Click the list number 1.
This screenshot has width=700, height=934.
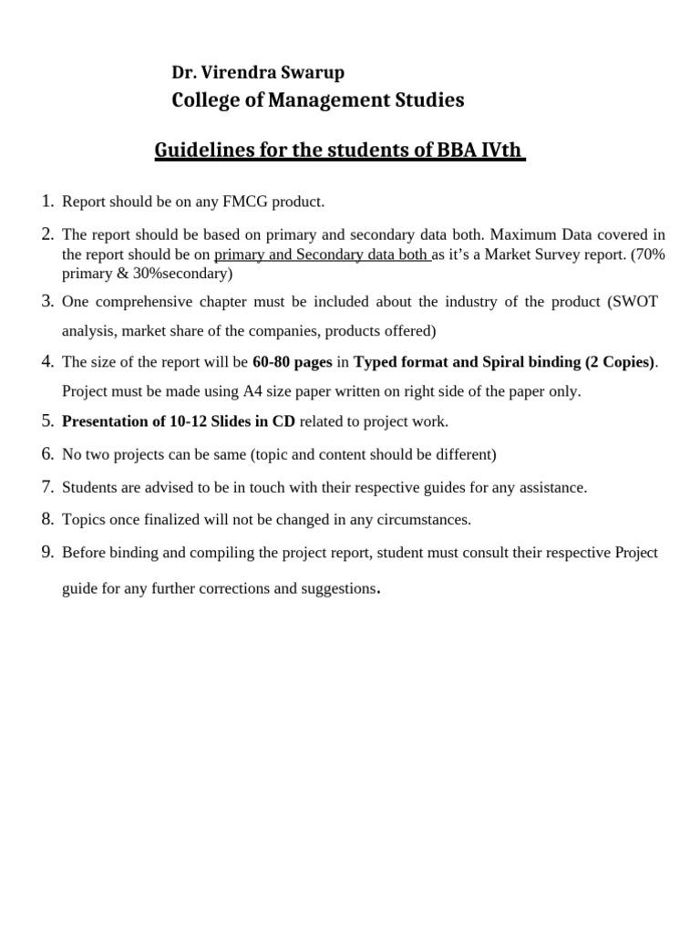(47, 201)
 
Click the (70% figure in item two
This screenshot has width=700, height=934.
(648, 254)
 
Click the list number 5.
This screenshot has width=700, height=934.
(47, 420)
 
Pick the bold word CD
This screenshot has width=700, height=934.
(283, 421)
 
